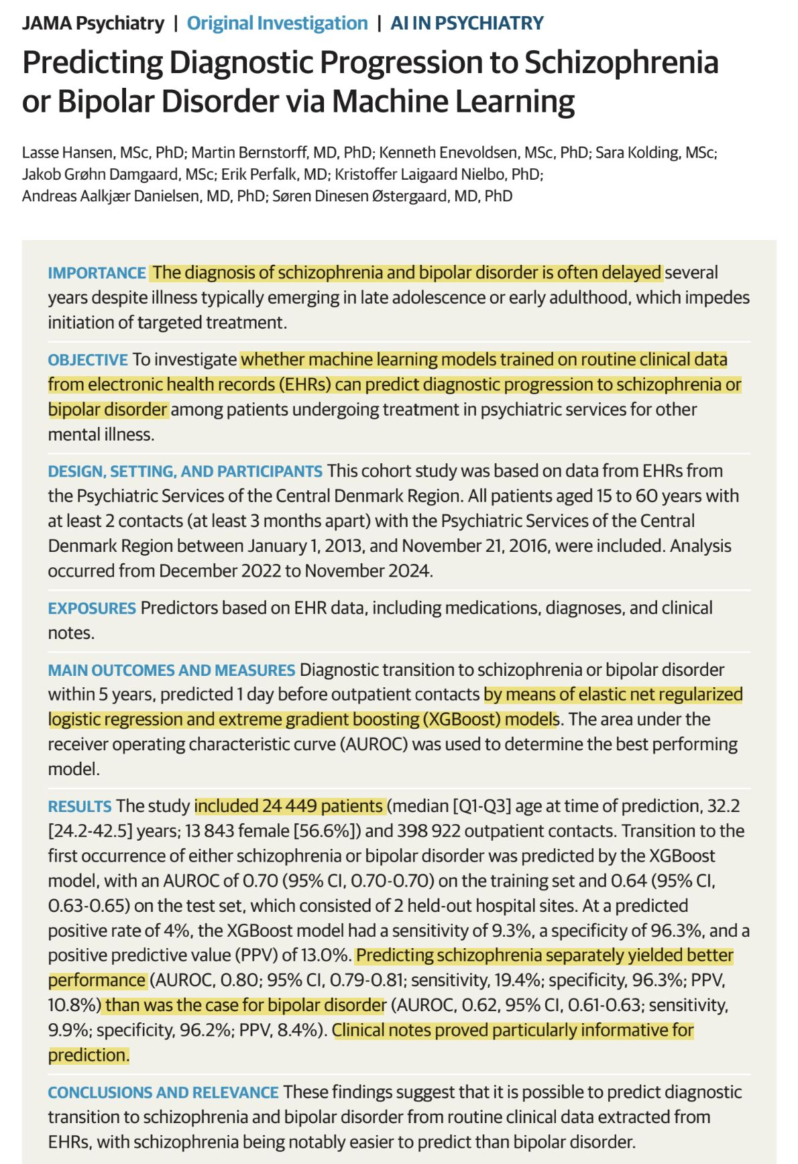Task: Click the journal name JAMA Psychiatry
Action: coord(93,23)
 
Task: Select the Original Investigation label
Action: coord(277,23)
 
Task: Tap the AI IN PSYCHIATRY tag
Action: coord(467,23)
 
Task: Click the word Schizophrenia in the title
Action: coord(621,62)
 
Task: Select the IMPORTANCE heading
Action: coord(97,273)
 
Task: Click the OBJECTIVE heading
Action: coord(88,360)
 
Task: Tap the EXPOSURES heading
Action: coord(92,608)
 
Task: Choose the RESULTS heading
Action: coord(80,806)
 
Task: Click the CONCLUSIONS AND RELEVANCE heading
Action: coord(163,1092)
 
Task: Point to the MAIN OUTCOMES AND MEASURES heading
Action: coord(171,670)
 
